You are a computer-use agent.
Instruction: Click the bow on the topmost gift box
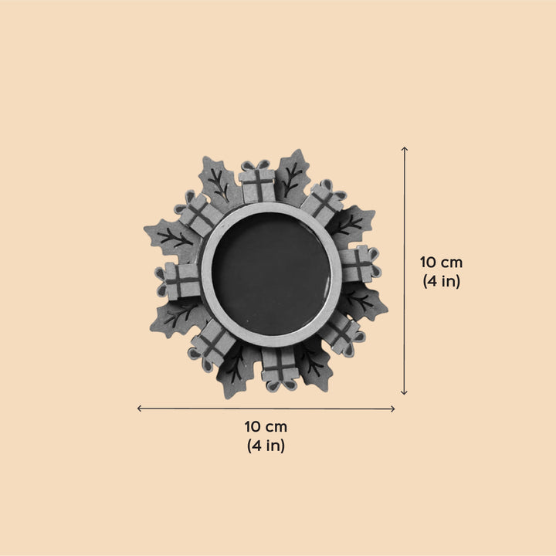coord(258,165)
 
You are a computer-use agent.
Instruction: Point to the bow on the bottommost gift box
coord(280,385)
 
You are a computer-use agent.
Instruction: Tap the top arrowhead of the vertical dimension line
coord(404,148)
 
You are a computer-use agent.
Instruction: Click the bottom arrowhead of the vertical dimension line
coord(404,392)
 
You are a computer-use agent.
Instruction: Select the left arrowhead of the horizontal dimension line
coord(139,409)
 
